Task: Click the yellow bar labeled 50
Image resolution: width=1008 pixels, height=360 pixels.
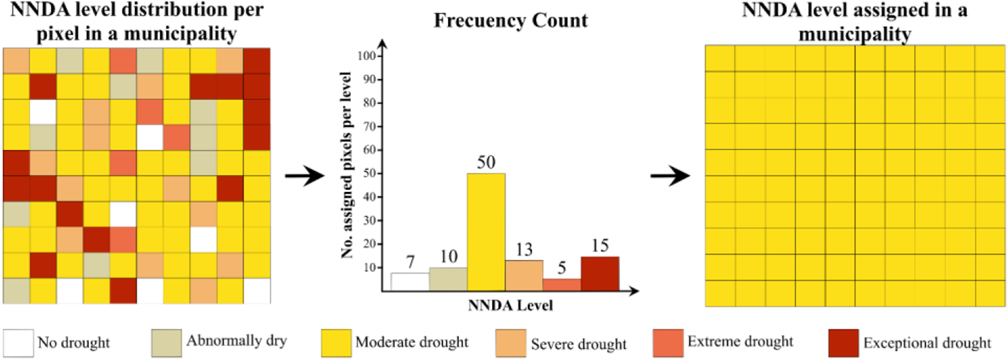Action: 486,232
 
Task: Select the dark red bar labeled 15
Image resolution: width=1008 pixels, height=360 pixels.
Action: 600,274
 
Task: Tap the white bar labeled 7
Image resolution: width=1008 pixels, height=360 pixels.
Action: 410,282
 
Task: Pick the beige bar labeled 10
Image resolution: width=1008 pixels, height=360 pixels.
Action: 448,279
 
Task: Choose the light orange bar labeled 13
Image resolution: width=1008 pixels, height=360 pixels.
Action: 524,276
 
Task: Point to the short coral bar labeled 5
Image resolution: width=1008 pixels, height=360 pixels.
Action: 562,285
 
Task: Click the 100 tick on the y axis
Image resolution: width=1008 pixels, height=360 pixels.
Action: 367,56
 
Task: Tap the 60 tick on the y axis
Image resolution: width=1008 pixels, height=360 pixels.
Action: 369,150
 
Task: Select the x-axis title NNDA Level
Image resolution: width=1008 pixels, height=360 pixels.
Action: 510,306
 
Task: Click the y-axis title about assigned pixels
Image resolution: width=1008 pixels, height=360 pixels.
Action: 347,165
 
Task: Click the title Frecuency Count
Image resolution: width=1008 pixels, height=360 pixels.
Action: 510,21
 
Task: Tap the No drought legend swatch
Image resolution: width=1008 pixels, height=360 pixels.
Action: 18,343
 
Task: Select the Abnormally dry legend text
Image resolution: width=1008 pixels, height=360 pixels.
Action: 237,340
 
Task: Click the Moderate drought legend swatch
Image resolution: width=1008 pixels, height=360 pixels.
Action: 336,343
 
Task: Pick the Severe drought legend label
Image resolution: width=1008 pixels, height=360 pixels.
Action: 578,344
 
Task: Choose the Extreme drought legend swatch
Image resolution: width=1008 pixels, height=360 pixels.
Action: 668,343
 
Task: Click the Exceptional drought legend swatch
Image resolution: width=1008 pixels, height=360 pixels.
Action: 843,343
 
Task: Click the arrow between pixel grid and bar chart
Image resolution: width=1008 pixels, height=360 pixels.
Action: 304,177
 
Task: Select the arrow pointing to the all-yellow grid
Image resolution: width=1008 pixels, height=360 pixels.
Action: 670,177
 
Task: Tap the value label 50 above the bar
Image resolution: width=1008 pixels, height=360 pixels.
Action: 486,163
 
